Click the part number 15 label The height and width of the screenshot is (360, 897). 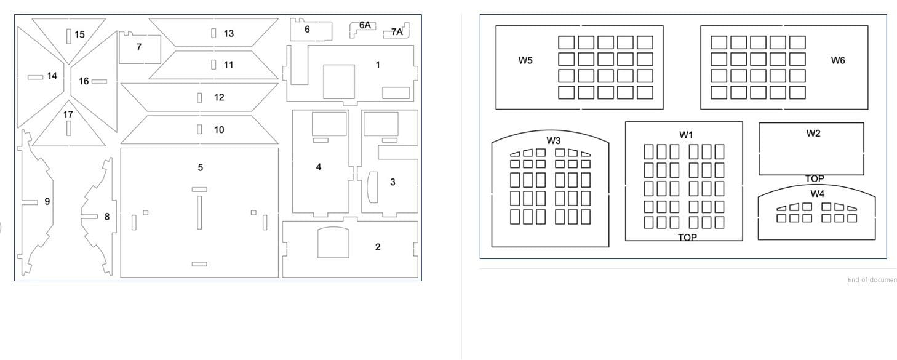[80, 34]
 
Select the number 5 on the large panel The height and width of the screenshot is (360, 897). [200, 167]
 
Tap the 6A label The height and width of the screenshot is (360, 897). [365, 25]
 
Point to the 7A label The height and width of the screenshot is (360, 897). [397, 32]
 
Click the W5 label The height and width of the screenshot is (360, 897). [525, 60]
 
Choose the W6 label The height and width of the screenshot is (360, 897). [838, 60]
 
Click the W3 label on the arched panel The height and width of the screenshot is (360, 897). [554, 140]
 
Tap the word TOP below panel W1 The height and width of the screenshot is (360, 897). [687, 238]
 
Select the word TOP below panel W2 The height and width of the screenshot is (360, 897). [815, 178]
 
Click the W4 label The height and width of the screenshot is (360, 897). [817, 194]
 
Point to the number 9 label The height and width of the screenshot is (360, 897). [47, 201]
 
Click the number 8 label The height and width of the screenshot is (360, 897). [107, 217]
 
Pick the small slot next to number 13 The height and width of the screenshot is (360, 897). [214, 33]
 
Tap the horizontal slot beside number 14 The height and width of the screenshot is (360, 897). [35, 78]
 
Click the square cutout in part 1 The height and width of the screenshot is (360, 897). [339, 82]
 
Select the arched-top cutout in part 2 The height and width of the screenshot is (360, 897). [333, 242]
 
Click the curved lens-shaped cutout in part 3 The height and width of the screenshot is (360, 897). [372, 188]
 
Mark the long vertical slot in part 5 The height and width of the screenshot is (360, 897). [199, 213]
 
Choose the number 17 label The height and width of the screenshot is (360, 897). [68, 115]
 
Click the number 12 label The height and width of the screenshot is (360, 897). [219, 97]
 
